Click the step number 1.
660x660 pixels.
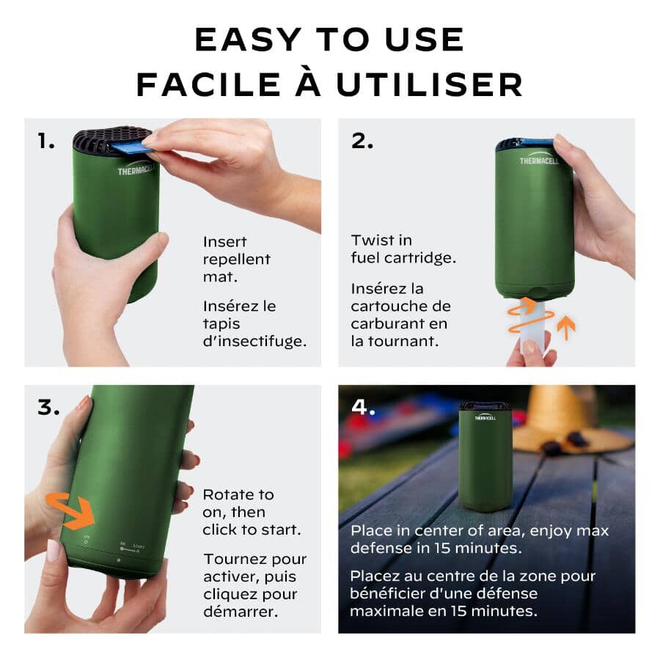(x=45, y=142)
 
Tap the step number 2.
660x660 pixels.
(x=362, y=142)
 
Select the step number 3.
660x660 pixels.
(x=48, y=408)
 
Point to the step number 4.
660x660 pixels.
(x=364, y=408)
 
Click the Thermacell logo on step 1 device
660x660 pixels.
(x=136, y=172)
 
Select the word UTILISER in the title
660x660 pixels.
(x=429, y=85)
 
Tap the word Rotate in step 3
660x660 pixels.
(x=228, y=494)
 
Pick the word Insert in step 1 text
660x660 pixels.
(x=224, y=241)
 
